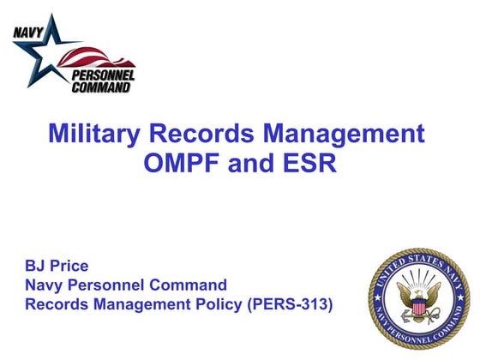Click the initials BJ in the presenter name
pos(36,266)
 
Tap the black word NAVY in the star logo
pos(27,35)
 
